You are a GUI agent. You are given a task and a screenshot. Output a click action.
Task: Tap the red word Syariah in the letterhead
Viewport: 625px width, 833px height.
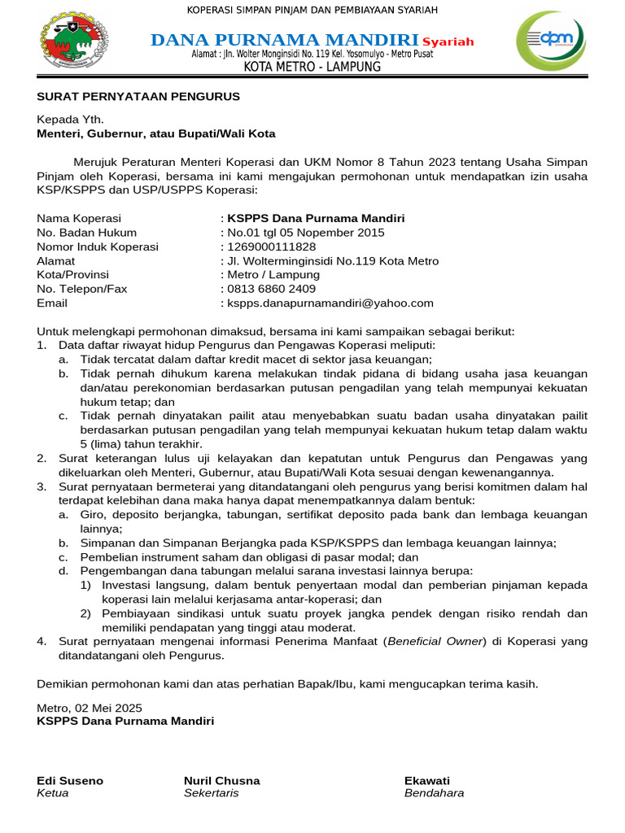pyautogui.click(x=448, y=42)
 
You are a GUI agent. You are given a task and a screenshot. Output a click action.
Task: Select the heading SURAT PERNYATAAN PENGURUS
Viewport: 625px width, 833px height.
pyautogui.click(x=138, y=96)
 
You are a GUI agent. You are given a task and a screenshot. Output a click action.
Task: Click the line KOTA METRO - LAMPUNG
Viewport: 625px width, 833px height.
pyautogui.click(x=312, y=67)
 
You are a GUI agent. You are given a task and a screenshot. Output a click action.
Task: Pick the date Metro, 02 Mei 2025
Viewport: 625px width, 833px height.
pyautogui.click(x=90, y=707)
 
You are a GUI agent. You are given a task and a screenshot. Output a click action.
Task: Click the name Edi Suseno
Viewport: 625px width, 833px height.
pyautogui.click(x=70, y=780)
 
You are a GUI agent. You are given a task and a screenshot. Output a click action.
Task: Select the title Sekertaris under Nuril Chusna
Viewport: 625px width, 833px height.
pyautogui.click(x=212, y=793)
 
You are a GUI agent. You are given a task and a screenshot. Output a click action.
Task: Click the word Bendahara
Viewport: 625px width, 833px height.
pyautogui.click(x=434, y=793)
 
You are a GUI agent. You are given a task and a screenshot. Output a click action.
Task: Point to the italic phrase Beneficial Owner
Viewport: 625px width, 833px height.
pyautogui.click(x=436, y=642)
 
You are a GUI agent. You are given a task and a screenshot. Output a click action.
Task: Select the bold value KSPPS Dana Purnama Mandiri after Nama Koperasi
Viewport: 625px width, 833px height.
pyautogui.click(x=316, y=218)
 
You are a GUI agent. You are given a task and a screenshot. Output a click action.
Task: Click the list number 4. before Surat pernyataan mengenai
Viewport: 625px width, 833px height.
pyautogui.click(x=42, y=642)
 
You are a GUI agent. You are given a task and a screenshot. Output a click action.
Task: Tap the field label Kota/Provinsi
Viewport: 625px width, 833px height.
pyautogui.click(x=73, y=275)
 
